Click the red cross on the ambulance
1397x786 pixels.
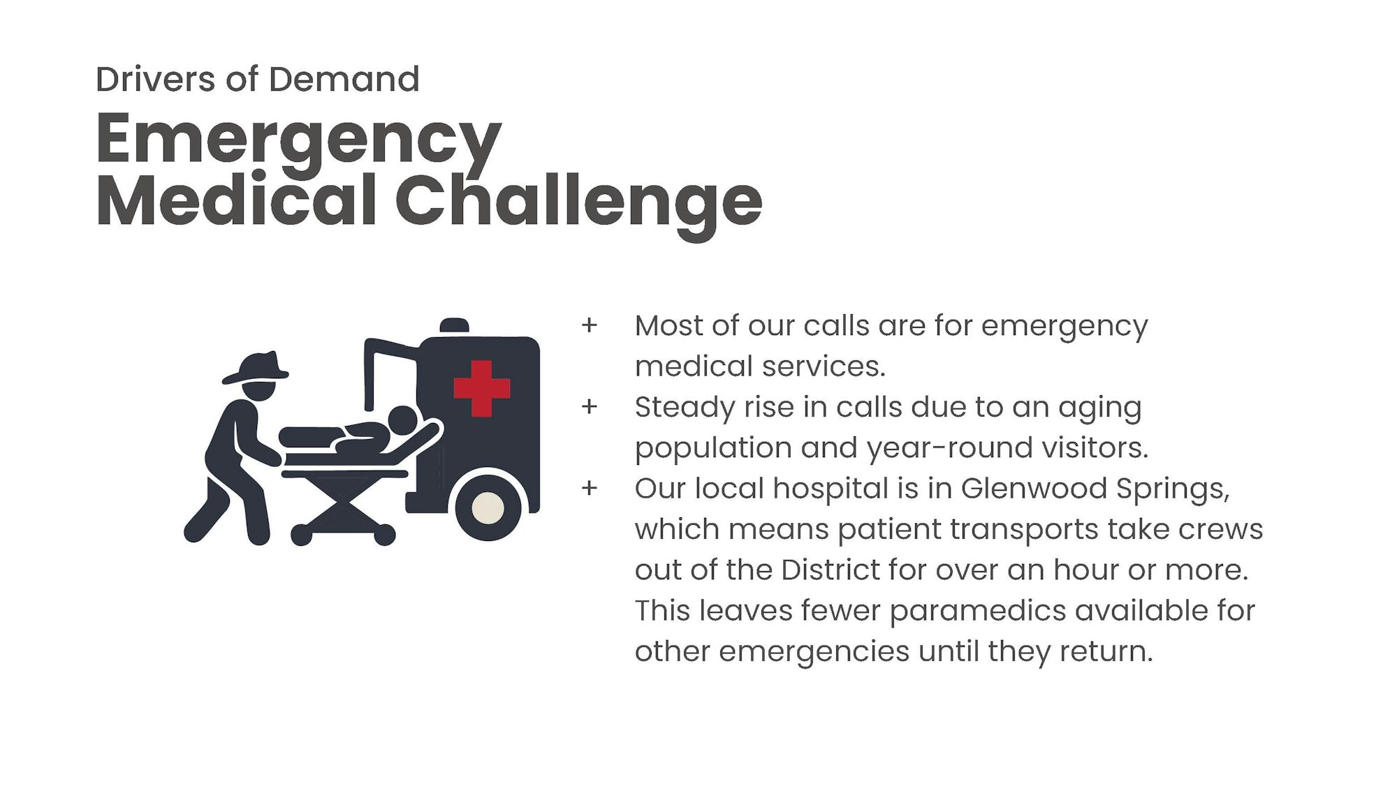pyautogui.click(x=482, y=389)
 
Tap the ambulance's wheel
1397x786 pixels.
pyautogui.click(x=488, y=507)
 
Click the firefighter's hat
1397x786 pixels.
pyautogui.click(x=256, y=368)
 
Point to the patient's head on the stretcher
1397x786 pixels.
pyautogui.click(x=402, y=421)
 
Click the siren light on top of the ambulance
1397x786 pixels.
pyautogui.click(x=454, y=325)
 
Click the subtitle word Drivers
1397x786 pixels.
pyautogui.click(x=156, y=79)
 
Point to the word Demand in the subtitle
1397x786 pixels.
pyautogui.click(x=344, y=79)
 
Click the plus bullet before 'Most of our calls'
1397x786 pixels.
pyautogui.click(x=590, y=325)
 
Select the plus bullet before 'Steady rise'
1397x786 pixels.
pyautogui.click(x=590, y=406)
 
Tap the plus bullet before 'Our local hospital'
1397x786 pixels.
pyautogui.click(x=590, y=488)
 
